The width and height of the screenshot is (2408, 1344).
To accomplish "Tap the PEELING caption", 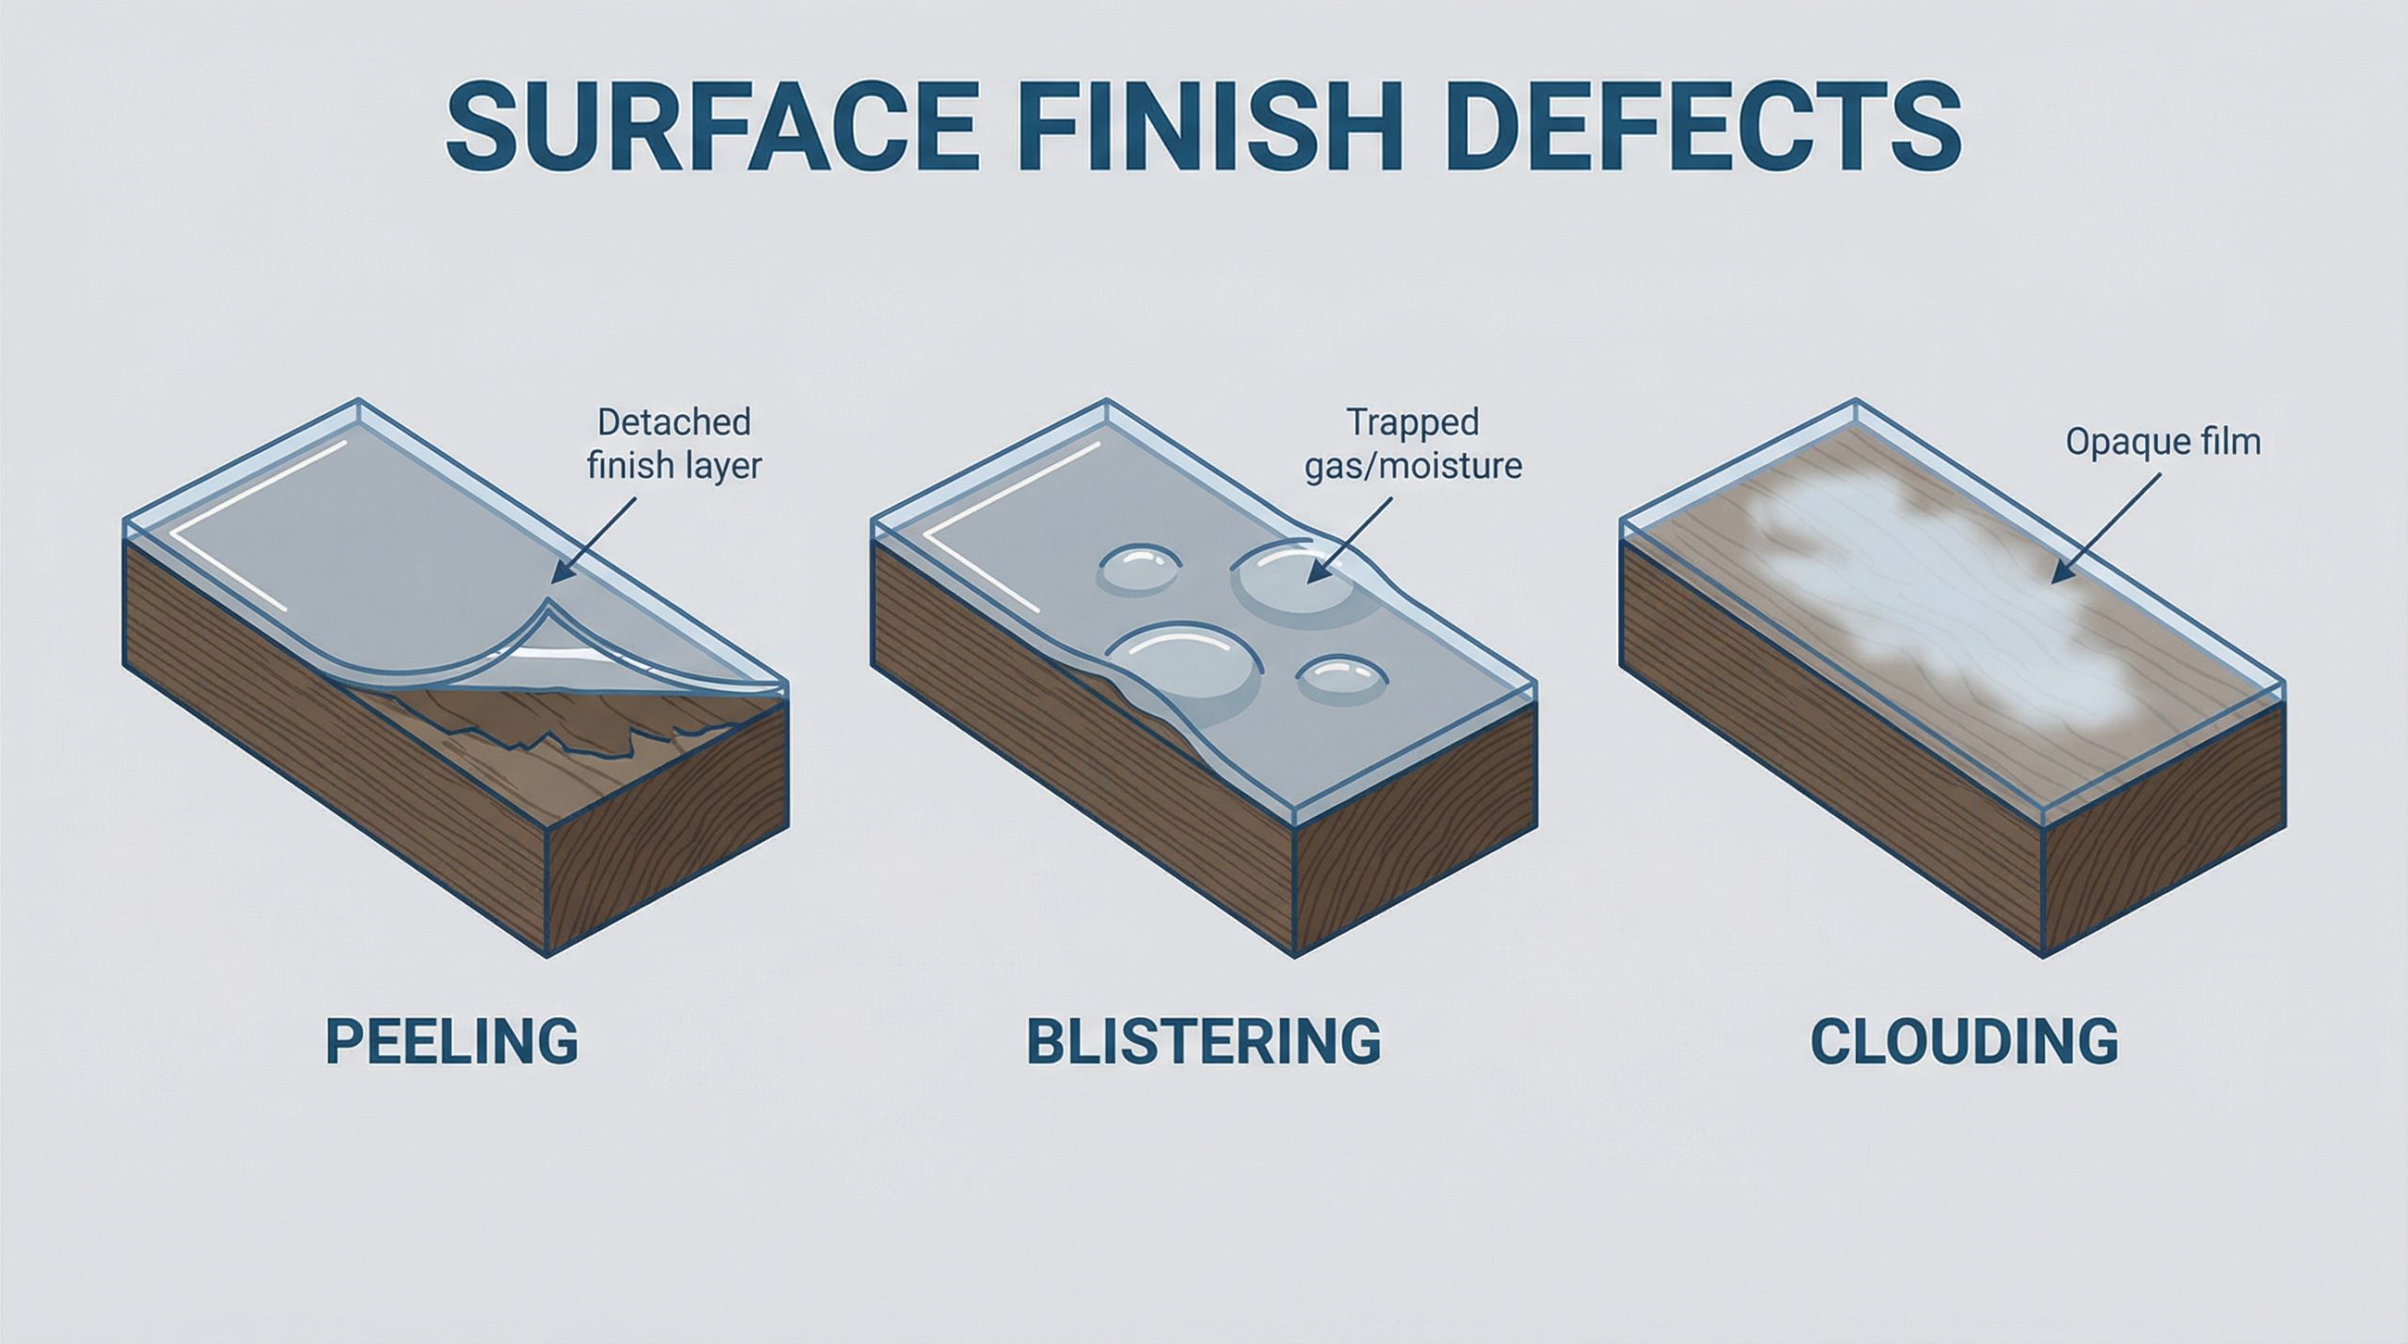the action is pyautogui.click(x=451, y=1042).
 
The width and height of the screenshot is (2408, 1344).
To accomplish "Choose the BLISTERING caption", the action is pyautogui.click(x=1203, y=1042).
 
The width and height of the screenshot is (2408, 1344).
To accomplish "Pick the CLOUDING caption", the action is pyautogui.click(x=1965, y=1042).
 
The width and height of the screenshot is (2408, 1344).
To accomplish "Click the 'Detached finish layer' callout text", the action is pyautogui.click(x=673, y=444).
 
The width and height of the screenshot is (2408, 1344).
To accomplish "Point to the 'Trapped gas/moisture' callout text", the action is pyautogui.click(x=1413, y=444).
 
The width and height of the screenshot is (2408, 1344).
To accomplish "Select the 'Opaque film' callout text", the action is pyautogui.click(x=2162, y=442).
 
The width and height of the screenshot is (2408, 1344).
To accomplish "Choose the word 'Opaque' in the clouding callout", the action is pyautogui.click(x=2123, y=443).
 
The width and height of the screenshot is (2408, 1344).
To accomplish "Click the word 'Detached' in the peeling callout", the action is pyautogui.click(x=673, y=422).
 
